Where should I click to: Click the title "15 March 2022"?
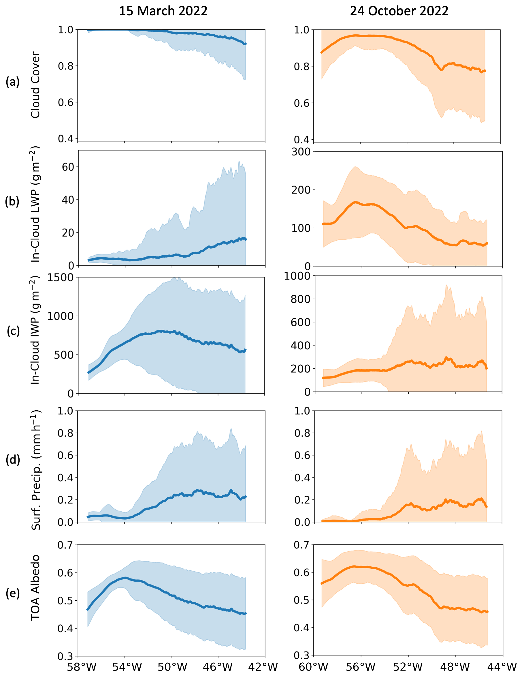[x=163, y=11]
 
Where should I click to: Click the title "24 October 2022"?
[x=399, y=11]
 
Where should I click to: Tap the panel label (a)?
[x=13, y=82]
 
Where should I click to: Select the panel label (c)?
[x=13, y=331]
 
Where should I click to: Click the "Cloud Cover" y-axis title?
[x=35, y=85]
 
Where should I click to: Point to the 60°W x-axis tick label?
[x=314, y=667]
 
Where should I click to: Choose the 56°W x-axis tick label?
[x=361, y=667]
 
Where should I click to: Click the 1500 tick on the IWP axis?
[x=60, y=278]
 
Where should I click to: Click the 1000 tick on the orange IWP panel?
[x=297, y=276]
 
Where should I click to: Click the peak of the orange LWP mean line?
[x=356, y=202]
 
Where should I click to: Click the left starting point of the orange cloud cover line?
[x=322, y=53]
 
